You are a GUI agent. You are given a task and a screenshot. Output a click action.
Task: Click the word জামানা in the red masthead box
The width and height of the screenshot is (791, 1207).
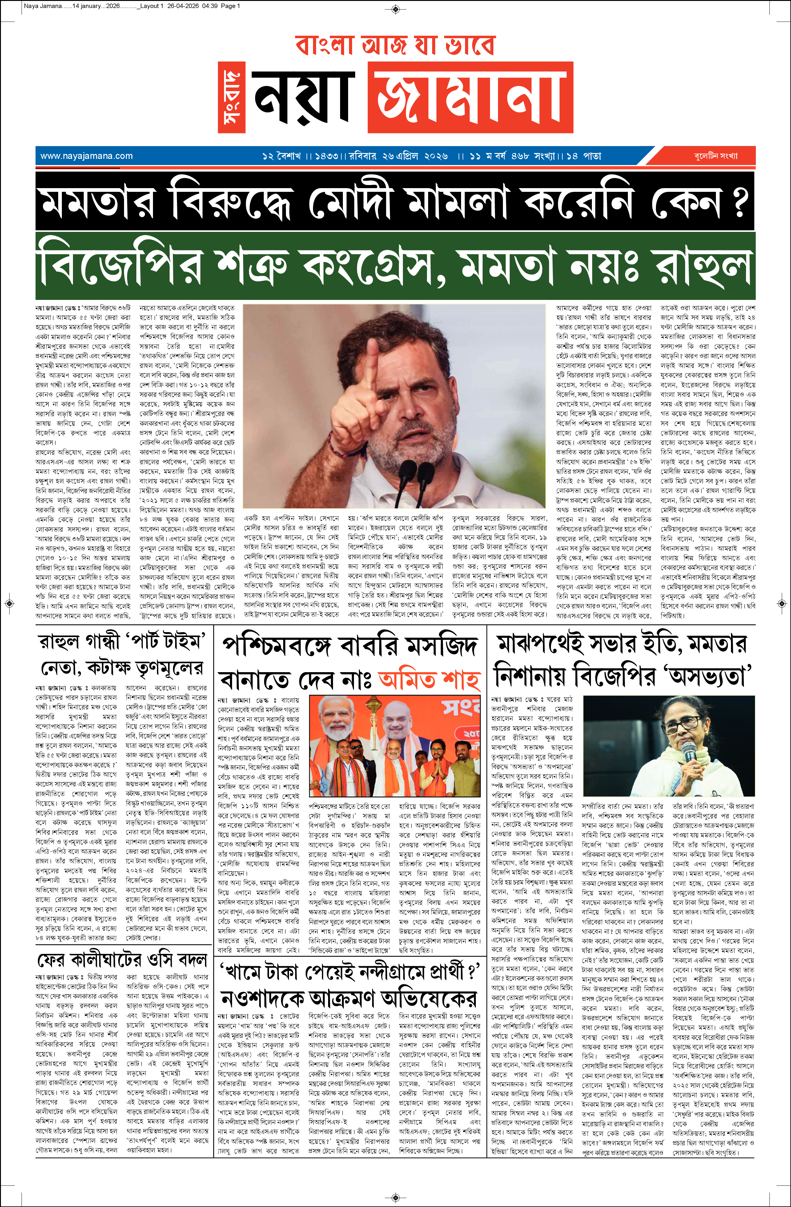[471, 97]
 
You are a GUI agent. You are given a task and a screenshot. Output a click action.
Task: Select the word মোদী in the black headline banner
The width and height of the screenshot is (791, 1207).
[350, 201]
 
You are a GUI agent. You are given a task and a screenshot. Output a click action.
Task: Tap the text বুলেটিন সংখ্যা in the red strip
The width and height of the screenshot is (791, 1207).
[716, 156]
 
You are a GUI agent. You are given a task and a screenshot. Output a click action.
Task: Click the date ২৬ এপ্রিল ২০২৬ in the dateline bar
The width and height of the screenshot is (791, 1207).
[415, 156]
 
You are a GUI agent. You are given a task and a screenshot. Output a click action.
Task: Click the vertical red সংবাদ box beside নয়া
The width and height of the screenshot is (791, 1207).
[232, 97]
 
